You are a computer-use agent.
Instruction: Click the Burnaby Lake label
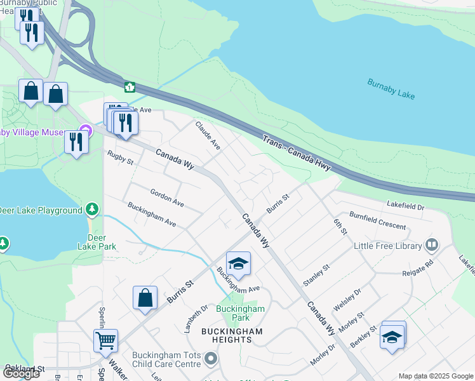tap(391, 88)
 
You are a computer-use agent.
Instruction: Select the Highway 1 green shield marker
tap(130, 86)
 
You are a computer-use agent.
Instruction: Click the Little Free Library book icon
tap(432, 245)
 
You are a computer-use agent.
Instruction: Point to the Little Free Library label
tap(388, 246)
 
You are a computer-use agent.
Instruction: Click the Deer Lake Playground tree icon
tap(93, 209)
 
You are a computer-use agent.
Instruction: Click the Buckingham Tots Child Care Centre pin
tap(211, 360)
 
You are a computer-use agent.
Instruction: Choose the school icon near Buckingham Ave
tap(238, 264)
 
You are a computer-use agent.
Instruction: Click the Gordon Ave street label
tap(167, 197)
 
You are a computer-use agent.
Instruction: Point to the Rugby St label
tap(121, 157)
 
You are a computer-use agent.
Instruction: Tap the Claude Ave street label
tap(208, 135)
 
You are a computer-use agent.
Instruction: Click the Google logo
tap(20, 373)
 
